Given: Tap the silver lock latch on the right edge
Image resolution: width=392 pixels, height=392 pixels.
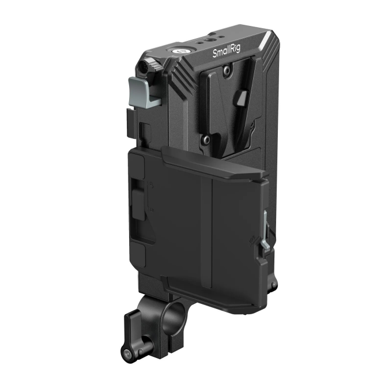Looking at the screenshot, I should [265, 231].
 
